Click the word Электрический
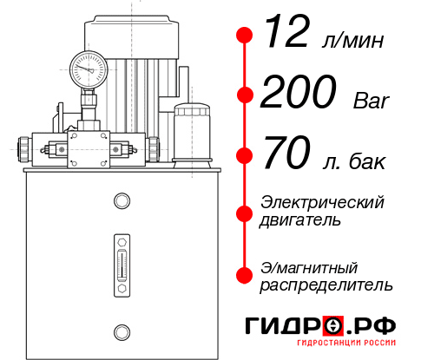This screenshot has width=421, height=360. [322, 202]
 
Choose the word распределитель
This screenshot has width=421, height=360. [326, 285]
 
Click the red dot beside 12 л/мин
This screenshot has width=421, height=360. [245, 35]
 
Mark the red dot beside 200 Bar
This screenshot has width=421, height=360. [245, 95]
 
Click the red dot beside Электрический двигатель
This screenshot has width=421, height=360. [245, 211]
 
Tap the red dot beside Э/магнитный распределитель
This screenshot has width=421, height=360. [245, 275]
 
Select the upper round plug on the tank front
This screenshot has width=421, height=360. [121, 202]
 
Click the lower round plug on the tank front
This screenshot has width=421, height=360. [121, 330]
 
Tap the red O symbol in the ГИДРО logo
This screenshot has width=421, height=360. [332, 327]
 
